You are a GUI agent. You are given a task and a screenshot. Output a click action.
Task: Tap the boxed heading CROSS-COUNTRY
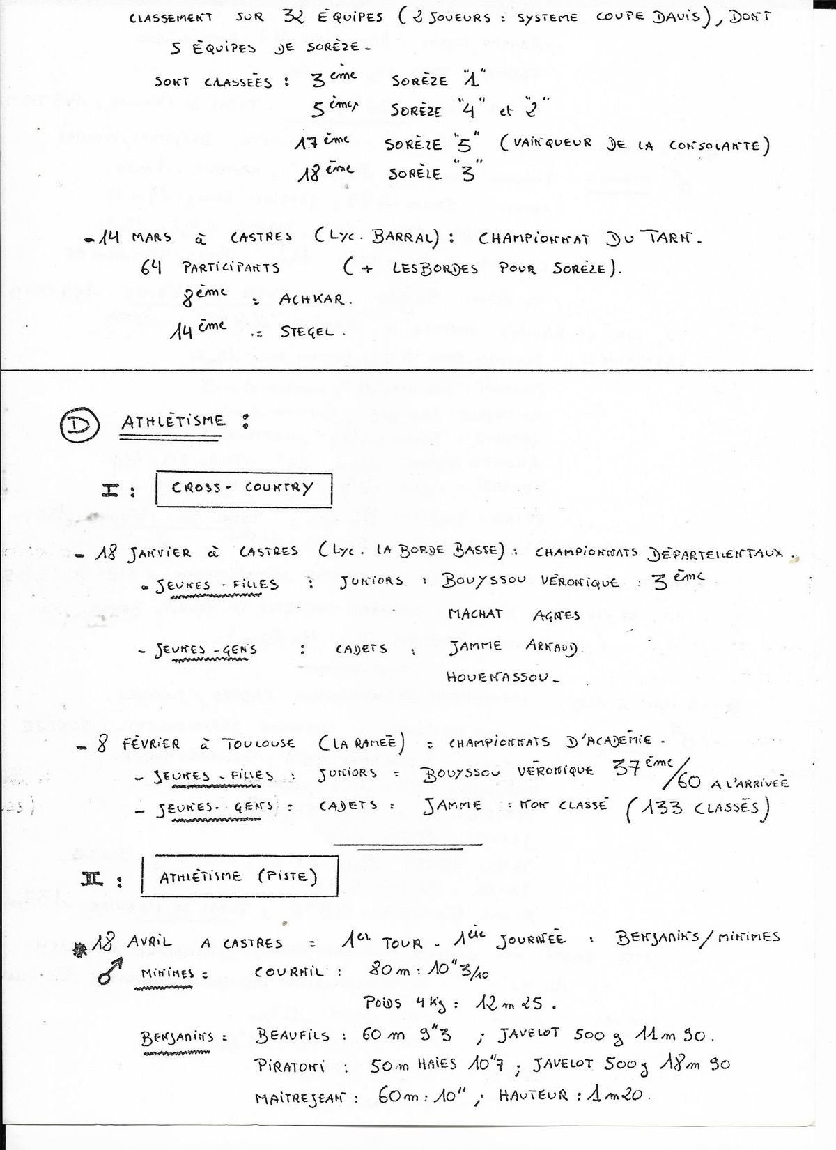tap(242, 488)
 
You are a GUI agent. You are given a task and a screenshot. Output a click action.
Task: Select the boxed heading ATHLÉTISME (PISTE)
tap(239, 876)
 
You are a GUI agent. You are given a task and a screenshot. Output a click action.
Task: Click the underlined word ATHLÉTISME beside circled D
tap(173, 422)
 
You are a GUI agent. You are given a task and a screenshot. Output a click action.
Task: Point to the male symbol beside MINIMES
tap(110, 971)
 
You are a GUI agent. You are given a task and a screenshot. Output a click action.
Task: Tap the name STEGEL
tap(307, 332)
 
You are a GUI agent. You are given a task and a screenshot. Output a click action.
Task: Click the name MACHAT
tap(475, 614)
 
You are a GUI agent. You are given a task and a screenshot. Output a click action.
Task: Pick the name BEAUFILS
tap(293, 1036)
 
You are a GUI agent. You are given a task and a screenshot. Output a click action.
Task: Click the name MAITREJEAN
tap(299, 1098)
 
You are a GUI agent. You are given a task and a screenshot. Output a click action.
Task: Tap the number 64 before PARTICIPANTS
tap(151, 267)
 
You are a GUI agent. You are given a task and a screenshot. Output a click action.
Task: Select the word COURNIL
tap(288, 972)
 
